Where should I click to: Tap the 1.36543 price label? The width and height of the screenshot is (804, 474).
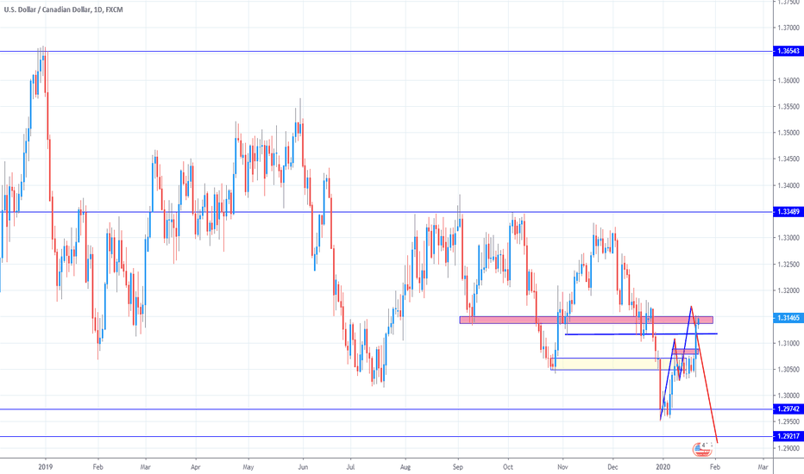(786, 52)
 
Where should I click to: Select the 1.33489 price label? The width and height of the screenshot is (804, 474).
(786, 212)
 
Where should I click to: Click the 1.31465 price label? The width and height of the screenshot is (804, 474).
(786, 318)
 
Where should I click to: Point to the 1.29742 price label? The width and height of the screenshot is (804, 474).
(786, 409)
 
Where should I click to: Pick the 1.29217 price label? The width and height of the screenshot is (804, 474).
(786, 437)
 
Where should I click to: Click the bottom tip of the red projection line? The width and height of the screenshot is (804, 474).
(717, 441)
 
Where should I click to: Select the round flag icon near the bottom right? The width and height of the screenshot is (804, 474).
(702, 449)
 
